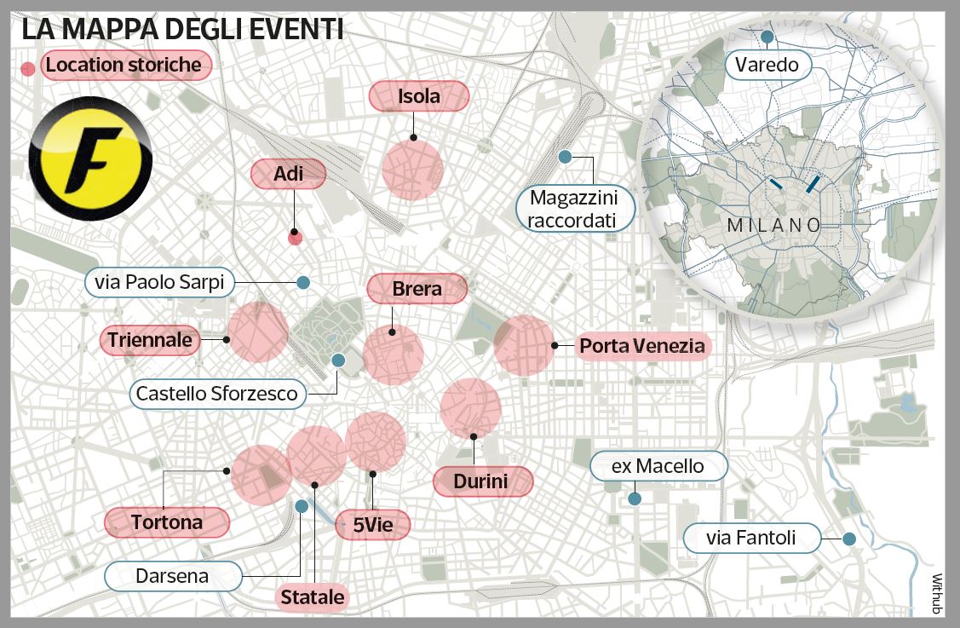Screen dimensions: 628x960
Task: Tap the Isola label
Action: click(x=419, y=96)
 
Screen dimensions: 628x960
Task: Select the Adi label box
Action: click(x=289, y=174)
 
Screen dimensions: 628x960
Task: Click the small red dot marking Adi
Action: click(x=295, y=238)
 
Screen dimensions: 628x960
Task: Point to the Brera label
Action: click(x=417, y=289)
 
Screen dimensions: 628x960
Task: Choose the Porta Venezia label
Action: click(x=641, y=345)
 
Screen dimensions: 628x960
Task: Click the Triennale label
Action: click(x=150, y=340)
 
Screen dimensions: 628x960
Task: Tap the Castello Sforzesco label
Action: click(x=217, y=394)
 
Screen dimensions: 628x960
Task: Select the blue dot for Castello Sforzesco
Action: click(x=338, y=360)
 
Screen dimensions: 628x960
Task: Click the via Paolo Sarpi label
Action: click(x=160, y=282)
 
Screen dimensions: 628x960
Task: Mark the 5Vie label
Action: click(x=373, y=525)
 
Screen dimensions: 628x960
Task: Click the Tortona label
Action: click(x=167, y=522)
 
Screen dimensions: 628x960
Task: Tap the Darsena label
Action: click(x=171, y=576)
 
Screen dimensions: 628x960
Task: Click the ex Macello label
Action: click(x=658, y=466)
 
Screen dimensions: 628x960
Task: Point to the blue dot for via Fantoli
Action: click(x=848, y=538)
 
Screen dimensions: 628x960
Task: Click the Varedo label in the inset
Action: click(x=767, y=64)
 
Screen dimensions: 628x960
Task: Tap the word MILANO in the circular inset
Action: click(x=773, y=226)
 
